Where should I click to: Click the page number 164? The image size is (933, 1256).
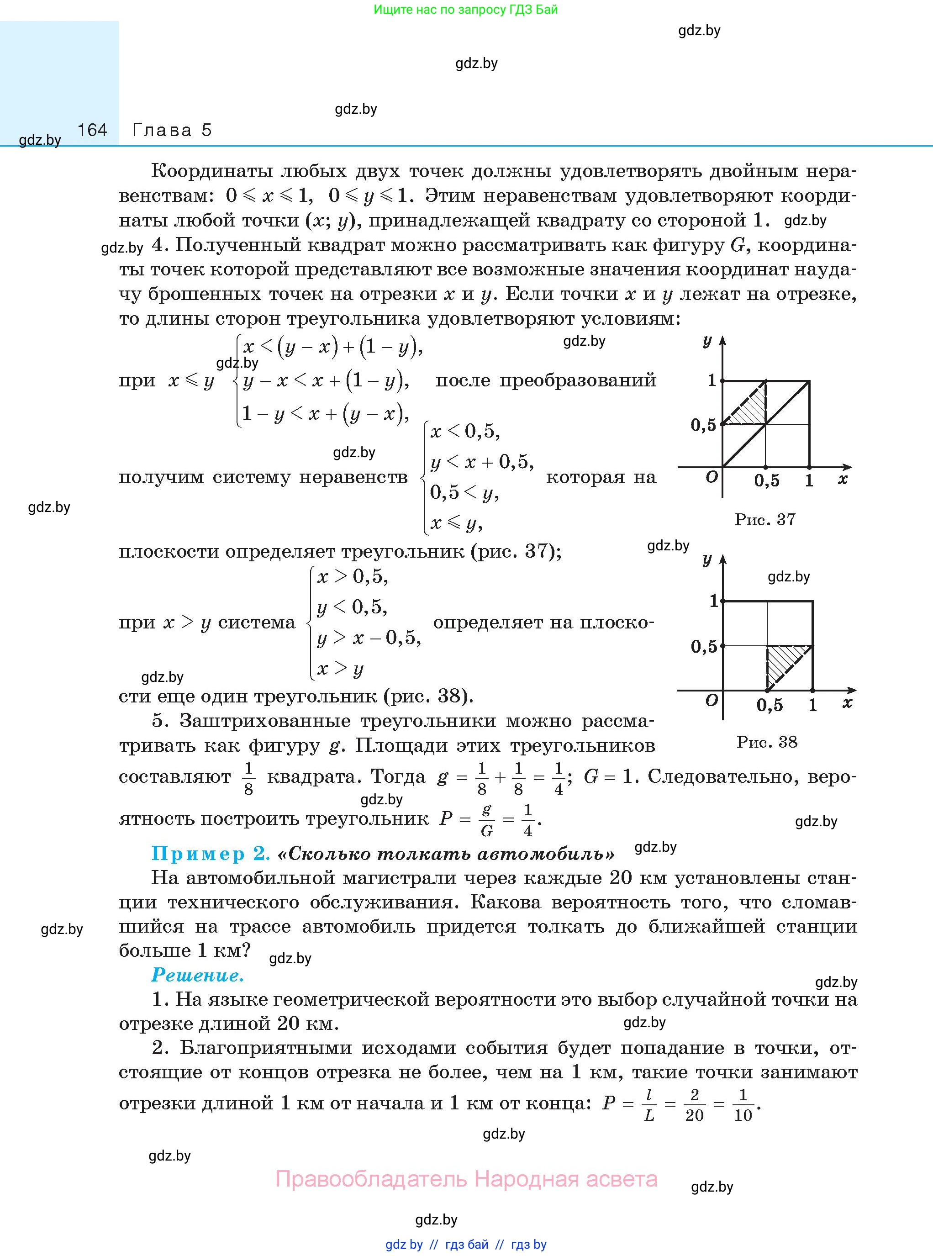(92, 131)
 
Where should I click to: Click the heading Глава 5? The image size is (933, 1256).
(172, 131)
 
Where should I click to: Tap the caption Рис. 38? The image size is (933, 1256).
(766, 742)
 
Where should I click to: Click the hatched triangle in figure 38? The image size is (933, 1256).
(785, 664)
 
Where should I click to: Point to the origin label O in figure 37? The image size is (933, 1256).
(712, 477)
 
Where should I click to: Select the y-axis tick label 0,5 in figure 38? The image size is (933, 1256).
(704, 647)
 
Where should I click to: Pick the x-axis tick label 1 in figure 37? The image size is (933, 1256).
(809, 480)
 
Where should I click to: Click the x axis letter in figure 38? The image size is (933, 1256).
(847, 703)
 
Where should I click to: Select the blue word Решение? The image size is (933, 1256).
(197, 975)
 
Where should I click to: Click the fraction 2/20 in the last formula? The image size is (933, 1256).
(694, 1105)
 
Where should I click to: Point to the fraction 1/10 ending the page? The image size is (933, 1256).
(743, 1105)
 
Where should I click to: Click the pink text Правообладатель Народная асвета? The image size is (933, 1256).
(466, 1179)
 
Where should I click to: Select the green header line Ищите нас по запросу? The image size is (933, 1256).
(465, 10)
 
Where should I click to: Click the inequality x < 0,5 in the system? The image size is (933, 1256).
(465, 432)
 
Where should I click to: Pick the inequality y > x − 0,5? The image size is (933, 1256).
(369, 638)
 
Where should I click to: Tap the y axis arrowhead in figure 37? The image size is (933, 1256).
(722, 341)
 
